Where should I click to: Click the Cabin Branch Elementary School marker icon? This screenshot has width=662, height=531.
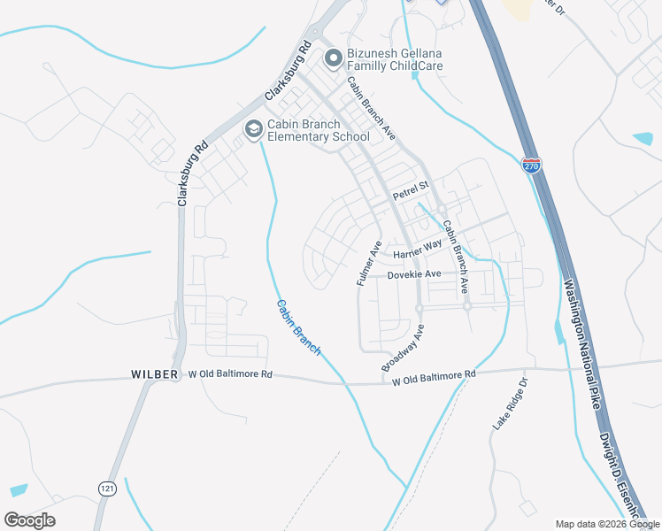click(x=253, y=130)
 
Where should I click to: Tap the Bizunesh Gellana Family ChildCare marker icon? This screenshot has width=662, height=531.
click(x=333, y=59)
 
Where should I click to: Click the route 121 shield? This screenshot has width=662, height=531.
click(x=107, y=488)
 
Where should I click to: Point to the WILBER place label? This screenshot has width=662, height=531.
click(x=154, y=375)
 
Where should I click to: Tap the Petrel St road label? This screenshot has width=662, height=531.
click(x=411, y=188)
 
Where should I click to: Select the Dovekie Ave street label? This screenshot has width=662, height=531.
click(x=414, y=275)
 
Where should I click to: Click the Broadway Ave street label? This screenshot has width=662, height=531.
click(x=404, y=348)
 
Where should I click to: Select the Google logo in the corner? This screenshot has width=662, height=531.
click(x=29, y=520)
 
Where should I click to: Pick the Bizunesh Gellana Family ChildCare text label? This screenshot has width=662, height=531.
click(x=395, y=59)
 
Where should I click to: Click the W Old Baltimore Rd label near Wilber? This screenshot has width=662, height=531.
click(x=230, y=374)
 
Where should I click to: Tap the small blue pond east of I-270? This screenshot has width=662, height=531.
click(x=643, y=139)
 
